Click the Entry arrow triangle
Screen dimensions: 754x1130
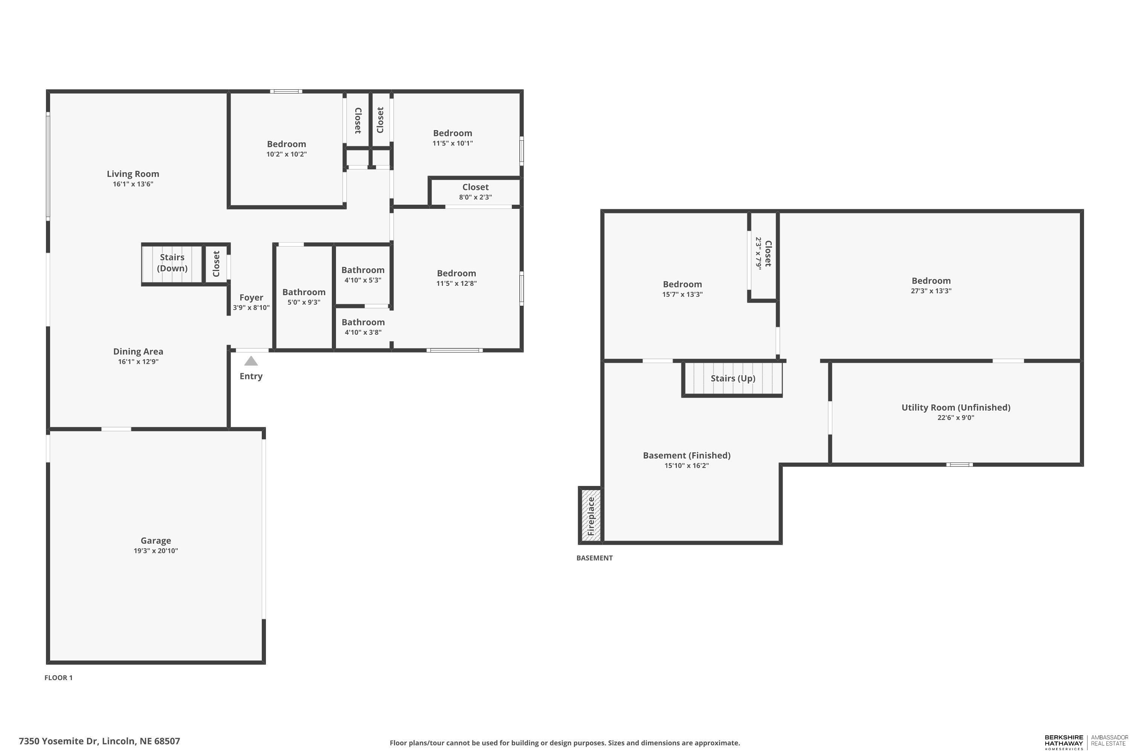[251, 361]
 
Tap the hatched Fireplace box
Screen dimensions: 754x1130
[591, 515]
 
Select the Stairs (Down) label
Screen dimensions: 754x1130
[172, 262]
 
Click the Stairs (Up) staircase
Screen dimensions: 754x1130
[733, 379]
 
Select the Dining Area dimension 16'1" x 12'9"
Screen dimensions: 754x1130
[138, 362]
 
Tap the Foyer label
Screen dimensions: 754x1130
[251, 298]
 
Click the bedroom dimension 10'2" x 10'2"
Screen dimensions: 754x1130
[286, 154]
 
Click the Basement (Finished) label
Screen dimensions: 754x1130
[687, 455]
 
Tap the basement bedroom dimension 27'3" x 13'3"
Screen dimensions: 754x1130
[931, 291]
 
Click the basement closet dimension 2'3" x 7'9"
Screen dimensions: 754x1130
[759, 253]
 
